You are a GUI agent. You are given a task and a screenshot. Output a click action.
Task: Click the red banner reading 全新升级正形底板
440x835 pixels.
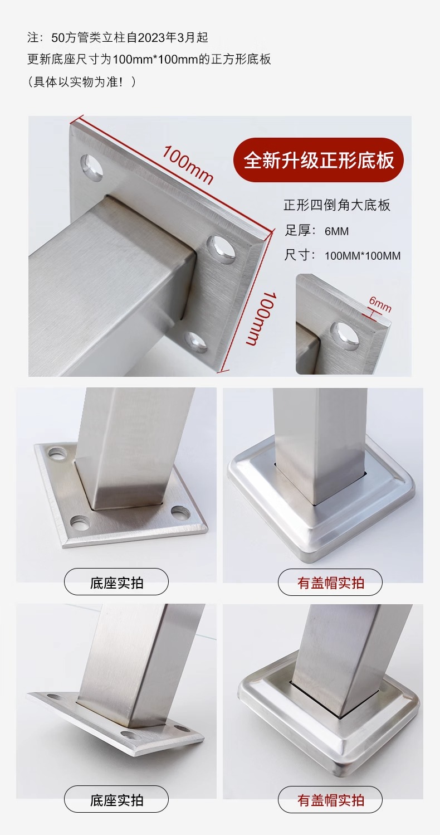click(x=319, y=160)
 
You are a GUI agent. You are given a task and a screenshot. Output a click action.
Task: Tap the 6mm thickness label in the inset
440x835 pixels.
click(x=380, y=304)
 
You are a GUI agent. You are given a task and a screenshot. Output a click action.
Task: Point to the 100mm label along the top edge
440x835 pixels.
click(x=188, y=165)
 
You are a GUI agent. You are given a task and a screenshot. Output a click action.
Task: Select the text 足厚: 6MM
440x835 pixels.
click(x=317, y=231)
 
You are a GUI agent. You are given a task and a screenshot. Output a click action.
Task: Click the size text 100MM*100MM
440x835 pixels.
click(x=362, y=256)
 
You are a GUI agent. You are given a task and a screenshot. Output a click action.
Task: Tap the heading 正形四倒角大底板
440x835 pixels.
click(x=337, y=205)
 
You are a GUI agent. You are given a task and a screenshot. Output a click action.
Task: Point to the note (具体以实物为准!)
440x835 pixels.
click(x=82, y=81)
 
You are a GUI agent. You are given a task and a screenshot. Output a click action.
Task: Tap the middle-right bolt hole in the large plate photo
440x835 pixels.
click(x=222, y=249)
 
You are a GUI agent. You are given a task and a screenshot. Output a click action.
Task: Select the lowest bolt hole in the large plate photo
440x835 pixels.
click(x=197, y=342)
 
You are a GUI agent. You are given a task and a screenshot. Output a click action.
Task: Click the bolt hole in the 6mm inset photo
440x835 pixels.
click(x=344, y=336)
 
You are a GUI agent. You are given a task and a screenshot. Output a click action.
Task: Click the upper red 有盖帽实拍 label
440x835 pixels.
click(x=330, y=583)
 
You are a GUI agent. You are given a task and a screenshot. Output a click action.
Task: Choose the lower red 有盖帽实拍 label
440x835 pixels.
click(x=330, y=800)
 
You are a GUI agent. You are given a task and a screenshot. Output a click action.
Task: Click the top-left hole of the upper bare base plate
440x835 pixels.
click(x=57, y=454)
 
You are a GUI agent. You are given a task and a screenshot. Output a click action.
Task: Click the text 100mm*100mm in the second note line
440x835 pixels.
click(x=155, y=60)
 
